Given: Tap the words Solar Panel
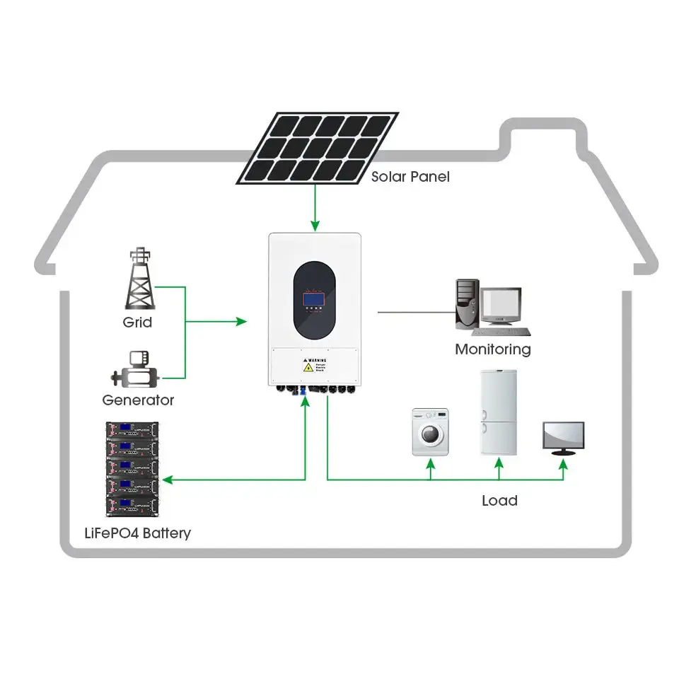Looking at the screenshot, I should click(x=410, y=177).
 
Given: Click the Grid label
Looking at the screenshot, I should click(x=137, y=323).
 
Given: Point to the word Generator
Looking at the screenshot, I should click(x=138, y=400).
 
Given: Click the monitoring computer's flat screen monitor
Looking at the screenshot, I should click(x=501, y=306).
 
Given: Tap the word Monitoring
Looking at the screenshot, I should click(x=492, y=349).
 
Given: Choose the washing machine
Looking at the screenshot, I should click(x=430, y=431).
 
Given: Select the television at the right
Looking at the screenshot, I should click(x=563, y=437).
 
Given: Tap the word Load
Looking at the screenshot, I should click(x=499, y=501).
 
